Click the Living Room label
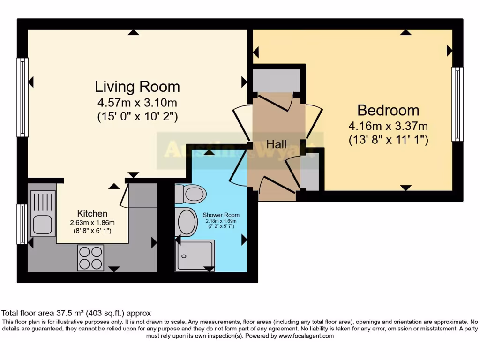coord(137,87)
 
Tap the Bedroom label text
coord(388,111)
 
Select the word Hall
coord(276,144)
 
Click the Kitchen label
coord(92,213)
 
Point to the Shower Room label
coord(220,215)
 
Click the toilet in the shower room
coord(190,194)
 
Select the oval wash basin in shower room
coord(187,222)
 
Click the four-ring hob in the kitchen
coord(90,257)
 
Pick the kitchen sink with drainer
coord(43,213)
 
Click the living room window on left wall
coord(22,97)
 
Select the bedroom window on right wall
coord(457,104)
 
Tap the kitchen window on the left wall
coord(22,224)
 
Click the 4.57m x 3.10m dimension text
coord(137,103)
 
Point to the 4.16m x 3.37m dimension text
coord(388,126)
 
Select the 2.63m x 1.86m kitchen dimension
coord(92,222)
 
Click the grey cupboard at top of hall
coord(276,81)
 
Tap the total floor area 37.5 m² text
coord(76,313)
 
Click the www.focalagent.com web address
coord(306,336)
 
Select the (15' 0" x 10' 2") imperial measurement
coord(137,116)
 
